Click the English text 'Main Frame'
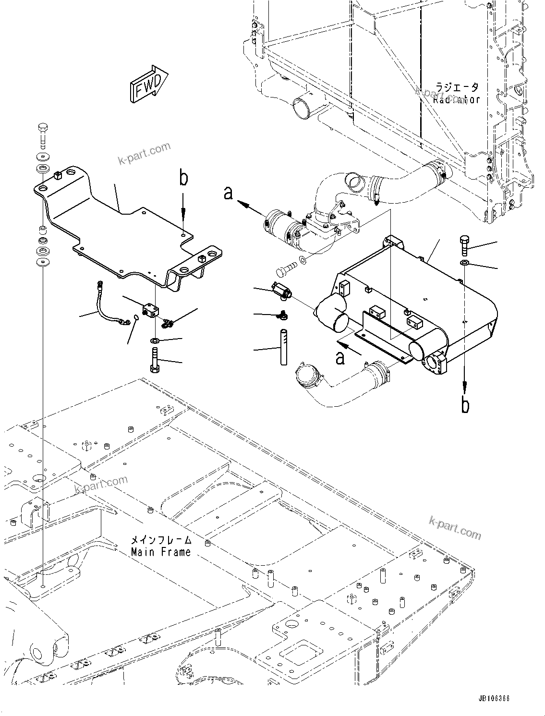tap(161, 552)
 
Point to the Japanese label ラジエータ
tap(457, 88)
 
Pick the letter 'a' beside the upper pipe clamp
tap(229, 193)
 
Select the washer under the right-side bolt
tap(464, 263)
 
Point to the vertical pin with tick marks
tap(284, 346)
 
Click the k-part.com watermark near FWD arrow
tap(145, 153)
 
